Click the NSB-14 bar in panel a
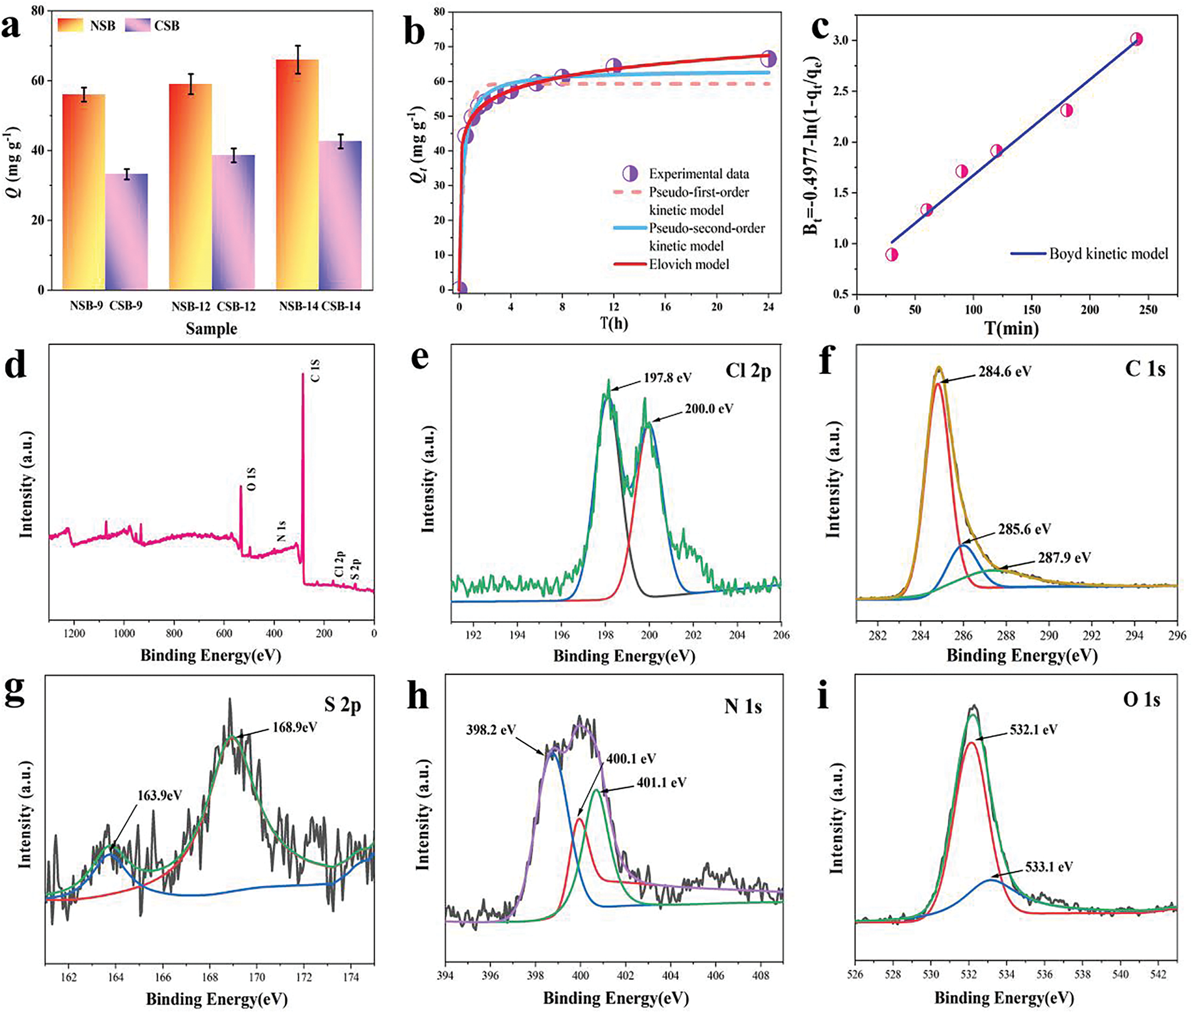click(x=297, y=175)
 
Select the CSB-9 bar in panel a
click(x=127, y=232)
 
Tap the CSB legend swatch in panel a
click(x=138, y=26)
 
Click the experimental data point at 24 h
click(x=768, y=59)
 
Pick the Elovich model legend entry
click(x=689, y=265)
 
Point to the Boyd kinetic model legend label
click(x=1108, y=254)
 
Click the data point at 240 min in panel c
click(x=1136, y=39)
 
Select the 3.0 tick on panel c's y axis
click(x=842, y=41)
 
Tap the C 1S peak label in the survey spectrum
click(x=316, y=371)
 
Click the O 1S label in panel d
click(x=251, y=479)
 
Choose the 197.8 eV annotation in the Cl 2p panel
click(x=668, y=378)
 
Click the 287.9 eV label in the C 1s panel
click(x=1064, y=557)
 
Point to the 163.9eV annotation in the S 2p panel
click(x=160, y=796)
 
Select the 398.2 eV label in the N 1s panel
click(x=491, y=730)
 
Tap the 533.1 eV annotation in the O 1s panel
click(x=1049, y=867)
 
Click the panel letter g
click(x=14, y=691)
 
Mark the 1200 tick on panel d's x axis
click(x=75, y=634)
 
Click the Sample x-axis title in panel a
click(x=211, y=329)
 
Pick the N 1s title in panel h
click(x=743, y=707)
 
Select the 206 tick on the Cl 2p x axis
click(x=781, y=635)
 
